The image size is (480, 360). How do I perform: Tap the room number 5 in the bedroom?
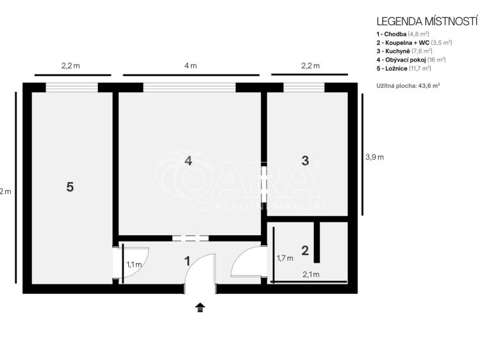point(70,186)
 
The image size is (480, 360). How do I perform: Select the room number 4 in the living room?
point(188,161)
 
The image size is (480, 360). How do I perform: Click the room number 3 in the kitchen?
point(305,161)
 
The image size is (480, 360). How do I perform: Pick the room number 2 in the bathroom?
point(305,250)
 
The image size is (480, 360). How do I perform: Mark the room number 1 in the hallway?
point(187,261)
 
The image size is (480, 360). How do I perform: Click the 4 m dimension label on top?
point(190,66)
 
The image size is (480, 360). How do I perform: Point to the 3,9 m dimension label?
point(374,156)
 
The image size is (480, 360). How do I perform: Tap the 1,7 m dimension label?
point(285,259)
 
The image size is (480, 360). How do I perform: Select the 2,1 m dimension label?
point(311,275)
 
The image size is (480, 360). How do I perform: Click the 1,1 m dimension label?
point(133,264)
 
